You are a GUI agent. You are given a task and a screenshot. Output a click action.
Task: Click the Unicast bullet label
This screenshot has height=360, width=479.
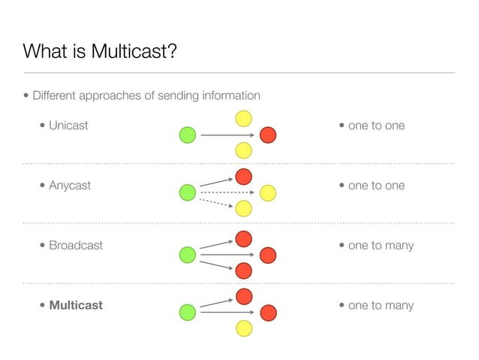pyautogui.click(x=68, y=126)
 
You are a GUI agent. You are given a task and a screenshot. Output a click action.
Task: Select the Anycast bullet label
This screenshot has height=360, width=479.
pyautogui.click(x=70, y=186)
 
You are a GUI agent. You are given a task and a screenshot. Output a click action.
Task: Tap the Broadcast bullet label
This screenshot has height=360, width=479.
pyautogui.click(x=76, y=246)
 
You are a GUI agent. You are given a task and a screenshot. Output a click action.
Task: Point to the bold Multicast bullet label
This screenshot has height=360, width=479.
pyautogui.click(x=76, y=306)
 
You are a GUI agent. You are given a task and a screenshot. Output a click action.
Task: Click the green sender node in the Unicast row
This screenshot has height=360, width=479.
pyautogui.click(x=188, y=135)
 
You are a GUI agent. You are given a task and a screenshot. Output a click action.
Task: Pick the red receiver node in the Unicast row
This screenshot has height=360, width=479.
pyautogui.click(x=268, y=135)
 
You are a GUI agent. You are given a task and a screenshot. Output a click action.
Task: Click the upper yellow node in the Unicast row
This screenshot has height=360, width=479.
pyautogui.click(x=243, y=119)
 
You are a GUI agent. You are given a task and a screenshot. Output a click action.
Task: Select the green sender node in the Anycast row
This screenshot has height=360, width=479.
pyautogui.click(x=188, y=193)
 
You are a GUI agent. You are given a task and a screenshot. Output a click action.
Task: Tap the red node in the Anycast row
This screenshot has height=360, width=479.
pyautogui.click(x=243, y=177)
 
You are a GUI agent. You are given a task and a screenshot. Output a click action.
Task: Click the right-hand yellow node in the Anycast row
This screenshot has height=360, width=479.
pyautogui.click(x=268, y=193)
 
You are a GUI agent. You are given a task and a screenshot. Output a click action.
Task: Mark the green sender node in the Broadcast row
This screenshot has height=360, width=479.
pyautogui.click(x=188, y=254)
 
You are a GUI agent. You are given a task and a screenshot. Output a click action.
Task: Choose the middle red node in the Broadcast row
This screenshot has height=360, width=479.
pyautogui.click(x=268, y=254)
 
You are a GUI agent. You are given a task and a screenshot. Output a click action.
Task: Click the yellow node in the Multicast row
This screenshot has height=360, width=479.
pyautogui.click(x=243, y=328)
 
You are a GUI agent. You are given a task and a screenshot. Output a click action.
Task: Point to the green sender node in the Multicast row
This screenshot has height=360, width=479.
pyautogui.click(x=188, y=312)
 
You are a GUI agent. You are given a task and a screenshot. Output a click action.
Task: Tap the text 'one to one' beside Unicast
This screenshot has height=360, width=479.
pyautogui.click(x=376, y=126)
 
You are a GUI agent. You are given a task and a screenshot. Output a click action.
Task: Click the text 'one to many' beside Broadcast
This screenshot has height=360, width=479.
pyautogui.click(x=381, y=246)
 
